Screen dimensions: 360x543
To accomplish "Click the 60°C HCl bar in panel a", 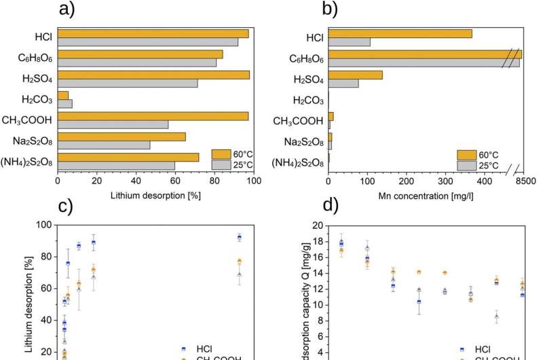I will click(x=153, y=33).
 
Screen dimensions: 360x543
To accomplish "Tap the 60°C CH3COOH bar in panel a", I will click(x=153, y=116).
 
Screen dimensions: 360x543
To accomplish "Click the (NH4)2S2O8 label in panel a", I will click(x=29, y=162).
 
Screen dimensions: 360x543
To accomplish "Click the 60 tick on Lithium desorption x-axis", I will click(x=175, y=181).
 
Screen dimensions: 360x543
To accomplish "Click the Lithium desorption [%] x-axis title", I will click(x=157, y=196).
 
